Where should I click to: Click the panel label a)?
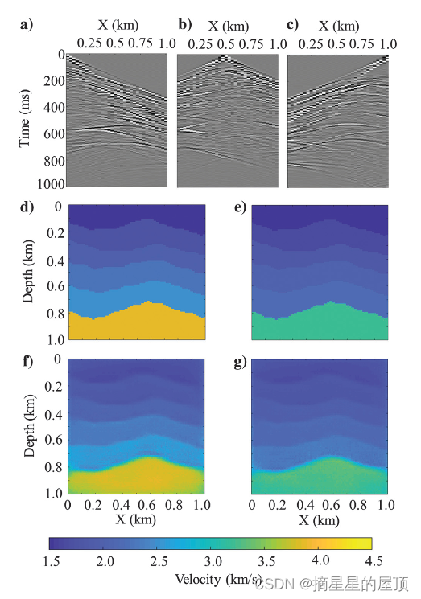coord(25,24)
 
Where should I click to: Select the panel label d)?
coord(25,207)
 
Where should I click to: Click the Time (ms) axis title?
coord(25,121)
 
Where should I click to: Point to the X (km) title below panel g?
coord(320,519)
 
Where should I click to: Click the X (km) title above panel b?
coord(228,27)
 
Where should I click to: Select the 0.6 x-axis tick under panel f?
coord(147,506)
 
